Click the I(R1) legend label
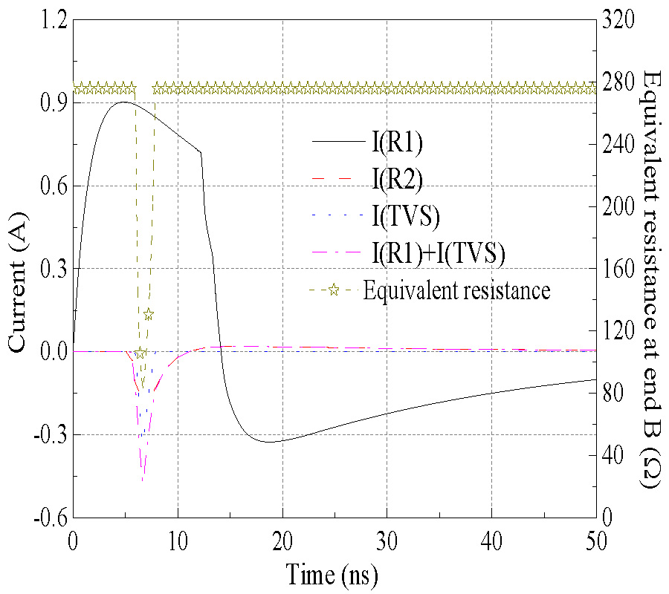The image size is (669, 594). (397, 143)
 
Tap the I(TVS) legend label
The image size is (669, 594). (405, 217)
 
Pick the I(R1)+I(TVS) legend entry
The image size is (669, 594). (438, 253)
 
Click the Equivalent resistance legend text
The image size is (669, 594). (456, 290)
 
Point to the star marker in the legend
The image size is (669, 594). (334, 290)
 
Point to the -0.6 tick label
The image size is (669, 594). (48, 518)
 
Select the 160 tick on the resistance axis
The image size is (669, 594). (619, 269)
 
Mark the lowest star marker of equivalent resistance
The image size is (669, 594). (140, 353)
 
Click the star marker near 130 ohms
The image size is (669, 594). (149, 314)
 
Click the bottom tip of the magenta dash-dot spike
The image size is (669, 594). (143, 480)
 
